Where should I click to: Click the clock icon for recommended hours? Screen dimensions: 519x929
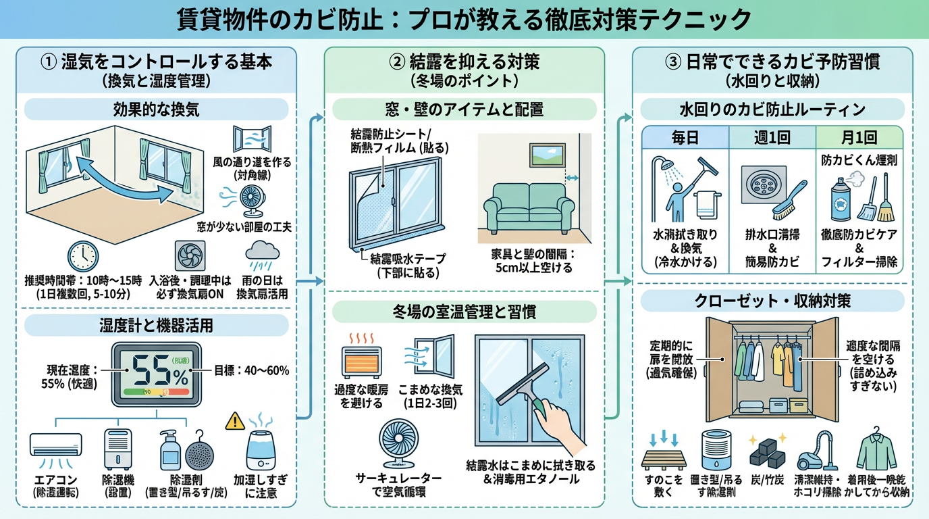(83, 256)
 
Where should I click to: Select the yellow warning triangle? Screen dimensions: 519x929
(235, 420)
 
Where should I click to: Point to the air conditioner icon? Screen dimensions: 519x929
(56, 445)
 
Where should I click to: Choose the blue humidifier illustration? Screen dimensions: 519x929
(264, 447)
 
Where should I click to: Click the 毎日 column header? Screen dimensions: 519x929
(685, 139)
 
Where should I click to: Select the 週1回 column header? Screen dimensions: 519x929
(772, 139)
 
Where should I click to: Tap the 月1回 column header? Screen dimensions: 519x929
(859, 139)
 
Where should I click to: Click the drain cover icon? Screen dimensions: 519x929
(764, 184)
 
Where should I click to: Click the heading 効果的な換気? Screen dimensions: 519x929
(156, 109)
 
